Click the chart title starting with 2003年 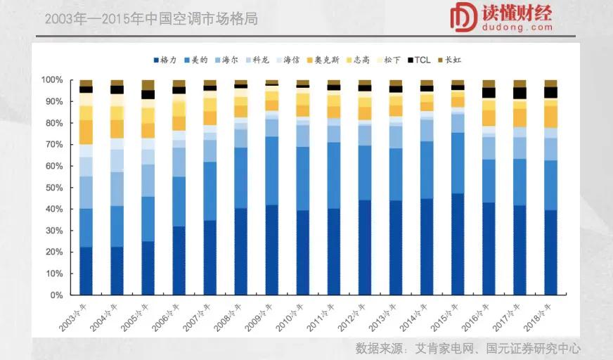click(x=151, y=19)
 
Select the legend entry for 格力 click(x=164, y=60)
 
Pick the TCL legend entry click(x=418, y=60)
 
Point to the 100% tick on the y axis click(x=53, y=80)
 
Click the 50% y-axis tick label click(x=55, y=188)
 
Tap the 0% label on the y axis click(x=58, y=295)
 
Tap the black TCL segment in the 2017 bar click(x=520, y=93)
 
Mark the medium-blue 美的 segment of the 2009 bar click(x=272, y=171)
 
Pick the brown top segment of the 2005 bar click(x=148, y=85)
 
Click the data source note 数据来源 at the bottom click(x=468, y=348)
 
